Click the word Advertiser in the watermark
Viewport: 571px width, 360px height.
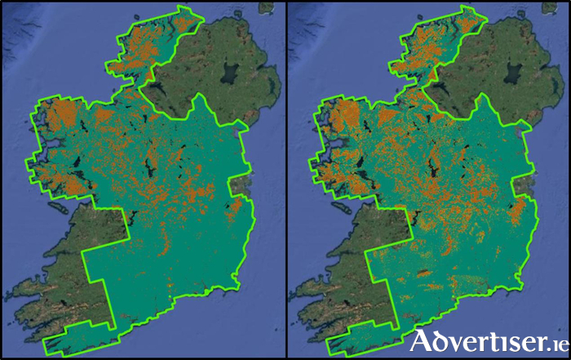click(473, 340)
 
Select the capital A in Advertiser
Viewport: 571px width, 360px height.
click(423, 340)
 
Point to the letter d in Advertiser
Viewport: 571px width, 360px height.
click(441, 340)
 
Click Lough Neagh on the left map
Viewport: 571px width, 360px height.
click(229, 79)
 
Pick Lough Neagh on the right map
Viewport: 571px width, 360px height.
click(515, 79)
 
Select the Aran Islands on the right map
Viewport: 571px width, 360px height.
click(343, 207)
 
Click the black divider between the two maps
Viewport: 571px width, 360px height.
click(285, 180)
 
